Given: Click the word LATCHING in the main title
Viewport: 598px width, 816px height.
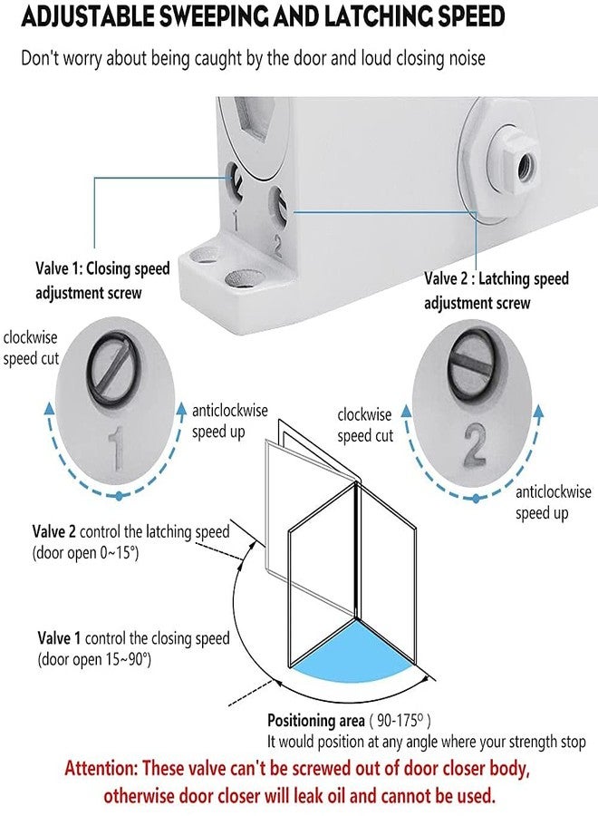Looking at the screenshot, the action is pyautogui.click(x=372, y=17).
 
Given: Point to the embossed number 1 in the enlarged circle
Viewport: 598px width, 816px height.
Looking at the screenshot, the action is pyautogui.click(x=117, y=448).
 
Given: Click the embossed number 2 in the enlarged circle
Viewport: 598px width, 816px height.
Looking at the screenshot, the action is pyautogui.click(x=474, y=444).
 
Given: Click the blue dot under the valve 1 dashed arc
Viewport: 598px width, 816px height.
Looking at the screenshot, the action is pyautogui.click(x=119, y=496).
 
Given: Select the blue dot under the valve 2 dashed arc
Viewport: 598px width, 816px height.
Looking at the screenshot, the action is pyautogui.click(x=476, y=499).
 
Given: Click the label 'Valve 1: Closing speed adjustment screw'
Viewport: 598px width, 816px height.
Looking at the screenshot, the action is pyautogui.click(x=102, y=280).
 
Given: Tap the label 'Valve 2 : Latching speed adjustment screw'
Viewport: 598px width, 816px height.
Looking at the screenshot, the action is pyautogui.click(x=497, y=290).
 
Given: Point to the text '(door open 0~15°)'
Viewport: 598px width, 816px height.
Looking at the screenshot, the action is pyautogui.click(x=85, y=553).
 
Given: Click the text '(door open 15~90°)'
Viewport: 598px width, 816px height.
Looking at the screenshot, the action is pyautogui.click(x=94, y=659).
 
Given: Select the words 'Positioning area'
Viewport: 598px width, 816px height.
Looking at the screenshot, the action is pyautogui.click(x=315, y=720).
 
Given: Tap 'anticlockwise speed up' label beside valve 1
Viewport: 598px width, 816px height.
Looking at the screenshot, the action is pyautogui.click(x=230, y=421).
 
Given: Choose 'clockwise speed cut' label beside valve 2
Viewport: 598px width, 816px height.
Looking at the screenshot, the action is pyautogui.click(x=364, y=425).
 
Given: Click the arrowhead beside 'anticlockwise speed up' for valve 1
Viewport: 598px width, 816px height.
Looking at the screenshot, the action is pyautogui.click(x=181, y=409).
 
